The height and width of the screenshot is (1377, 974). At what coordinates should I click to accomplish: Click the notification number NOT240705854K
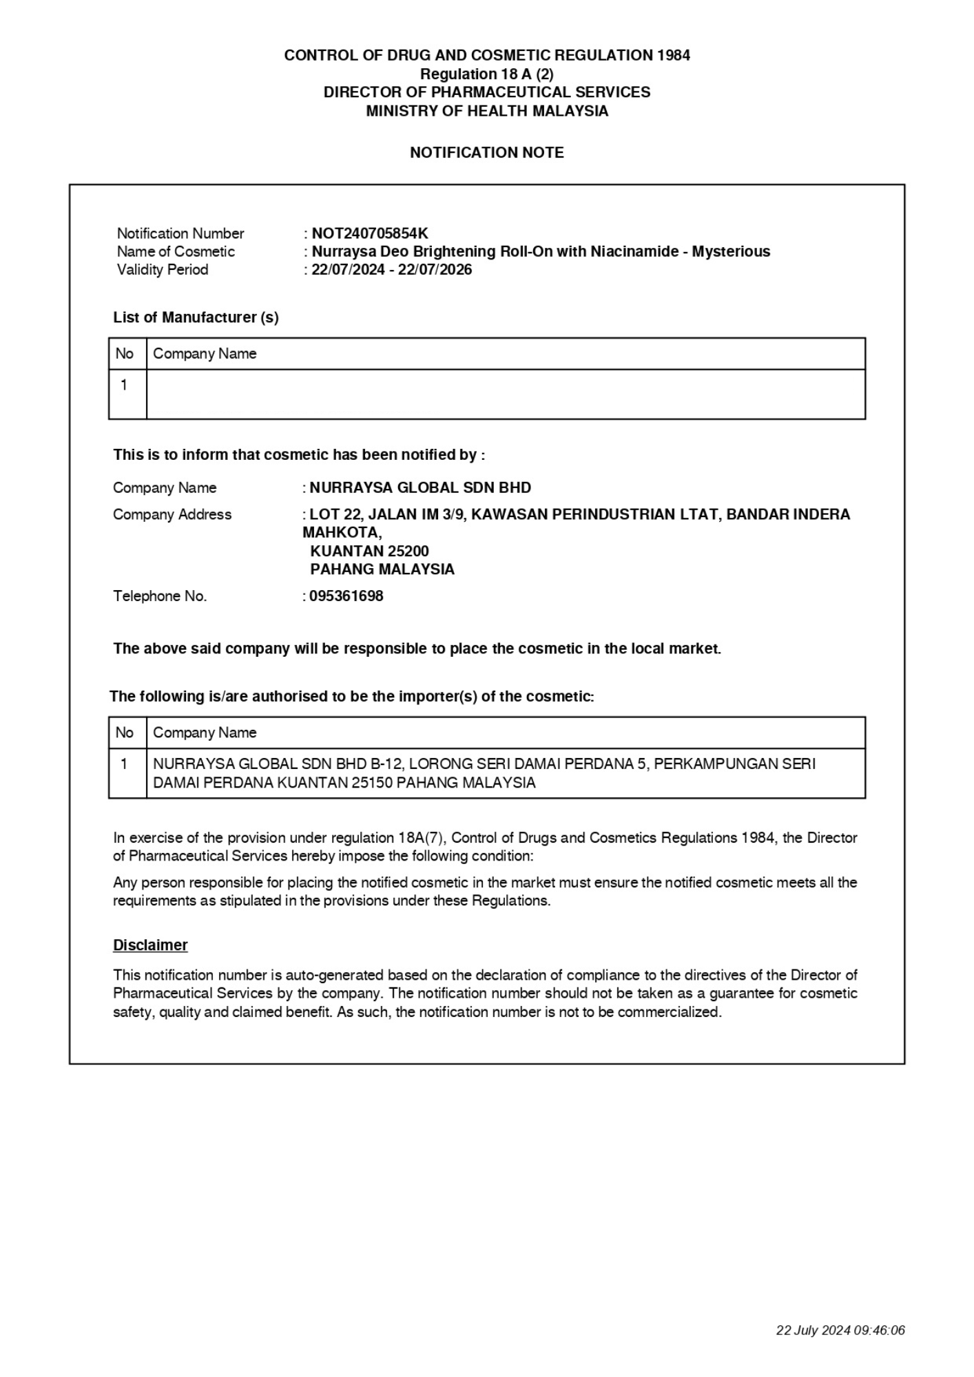click(x=369, y=233)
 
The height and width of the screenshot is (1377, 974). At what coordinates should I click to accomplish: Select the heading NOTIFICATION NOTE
click(x=486, y=153)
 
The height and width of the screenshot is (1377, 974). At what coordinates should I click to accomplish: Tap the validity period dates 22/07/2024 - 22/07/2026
click(x=391, y=270)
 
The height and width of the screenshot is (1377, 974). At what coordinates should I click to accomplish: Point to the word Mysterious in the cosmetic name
click(x=731, y=251)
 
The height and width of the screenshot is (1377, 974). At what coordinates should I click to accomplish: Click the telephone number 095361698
click(x=346, y=596)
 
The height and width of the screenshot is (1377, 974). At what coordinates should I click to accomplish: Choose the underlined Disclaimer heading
click(x=150, y=945)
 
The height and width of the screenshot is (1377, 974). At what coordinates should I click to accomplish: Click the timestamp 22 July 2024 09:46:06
click(x=840, y=1330)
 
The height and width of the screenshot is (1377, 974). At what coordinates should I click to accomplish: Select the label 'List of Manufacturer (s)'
click(x=196, y=317)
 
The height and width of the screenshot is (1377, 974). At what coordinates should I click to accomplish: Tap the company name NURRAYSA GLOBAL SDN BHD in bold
click(x=420, y=488)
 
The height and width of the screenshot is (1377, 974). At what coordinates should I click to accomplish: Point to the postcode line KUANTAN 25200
click(x=369, y=551)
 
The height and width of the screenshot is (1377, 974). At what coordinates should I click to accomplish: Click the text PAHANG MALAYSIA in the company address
click(x=382, y=569)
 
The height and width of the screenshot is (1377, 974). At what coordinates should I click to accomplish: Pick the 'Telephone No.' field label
click(x=160, y=596)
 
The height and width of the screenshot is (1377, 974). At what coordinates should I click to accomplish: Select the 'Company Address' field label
click(x=172, y=514)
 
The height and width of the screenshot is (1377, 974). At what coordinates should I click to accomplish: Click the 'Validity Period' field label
click(x=163, y=270)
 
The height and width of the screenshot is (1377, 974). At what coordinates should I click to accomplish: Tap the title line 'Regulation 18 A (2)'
click(x=486, y=74)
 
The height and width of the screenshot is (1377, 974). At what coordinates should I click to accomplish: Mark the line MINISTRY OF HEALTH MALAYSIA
click(x=486, y=112)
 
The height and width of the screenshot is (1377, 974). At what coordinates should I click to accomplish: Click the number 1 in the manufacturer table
click(x=124, y=385)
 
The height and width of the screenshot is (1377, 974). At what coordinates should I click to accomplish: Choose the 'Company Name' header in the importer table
click(x=205, y=733)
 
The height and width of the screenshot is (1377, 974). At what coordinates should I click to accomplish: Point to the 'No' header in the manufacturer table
click(x=125, y=354)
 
